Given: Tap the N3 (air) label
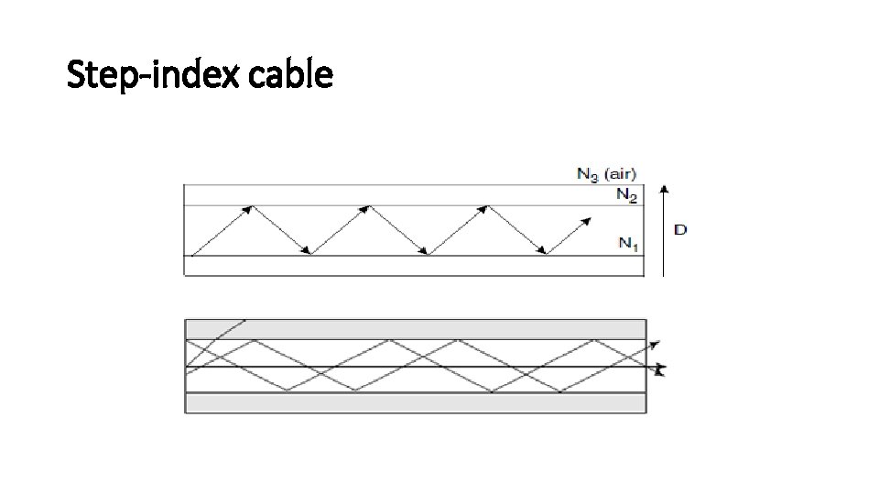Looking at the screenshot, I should (606, 172).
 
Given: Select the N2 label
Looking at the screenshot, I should (625, 193).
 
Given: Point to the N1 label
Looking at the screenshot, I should (627, 242).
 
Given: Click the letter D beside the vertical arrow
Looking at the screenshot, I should (679, 228).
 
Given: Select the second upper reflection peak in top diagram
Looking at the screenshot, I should (370, 206).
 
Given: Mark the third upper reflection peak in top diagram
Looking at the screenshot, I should (485, 206).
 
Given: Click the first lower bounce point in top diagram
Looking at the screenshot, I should (311, 255).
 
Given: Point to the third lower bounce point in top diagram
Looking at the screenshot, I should (546, 255).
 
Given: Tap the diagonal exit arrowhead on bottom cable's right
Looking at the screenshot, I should (654, 345).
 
